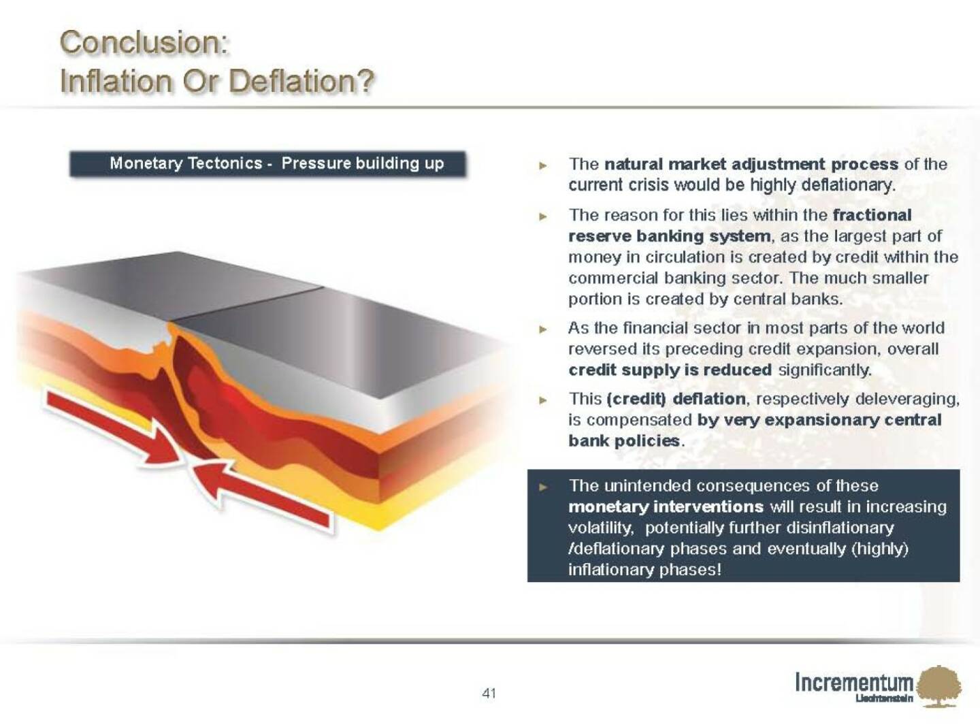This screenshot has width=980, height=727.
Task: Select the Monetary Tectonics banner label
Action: [x=267, y=164]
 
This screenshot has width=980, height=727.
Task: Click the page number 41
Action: [x=489, y=693]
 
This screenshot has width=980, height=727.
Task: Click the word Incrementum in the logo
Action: [x=853, y=682]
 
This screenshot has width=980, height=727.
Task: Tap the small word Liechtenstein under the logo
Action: [x=884, y=698]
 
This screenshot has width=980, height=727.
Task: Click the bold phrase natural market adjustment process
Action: [x=751, y=165]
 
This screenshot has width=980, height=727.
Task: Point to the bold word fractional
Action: [x=872, y=215]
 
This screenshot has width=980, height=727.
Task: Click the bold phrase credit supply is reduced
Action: [x=670, y=370]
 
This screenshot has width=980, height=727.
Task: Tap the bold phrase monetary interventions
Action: [x=666, y=506]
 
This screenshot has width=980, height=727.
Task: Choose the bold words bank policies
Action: [x=624, y=440]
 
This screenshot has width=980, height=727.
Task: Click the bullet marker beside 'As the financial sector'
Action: [x=543, y=329]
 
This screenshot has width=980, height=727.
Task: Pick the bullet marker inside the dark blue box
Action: [x=543, y=487]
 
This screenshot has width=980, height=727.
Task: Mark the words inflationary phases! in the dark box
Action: [x=645, y=570]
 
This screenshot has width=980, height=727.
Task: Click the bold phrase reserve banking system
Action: [x=670, y=236]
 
